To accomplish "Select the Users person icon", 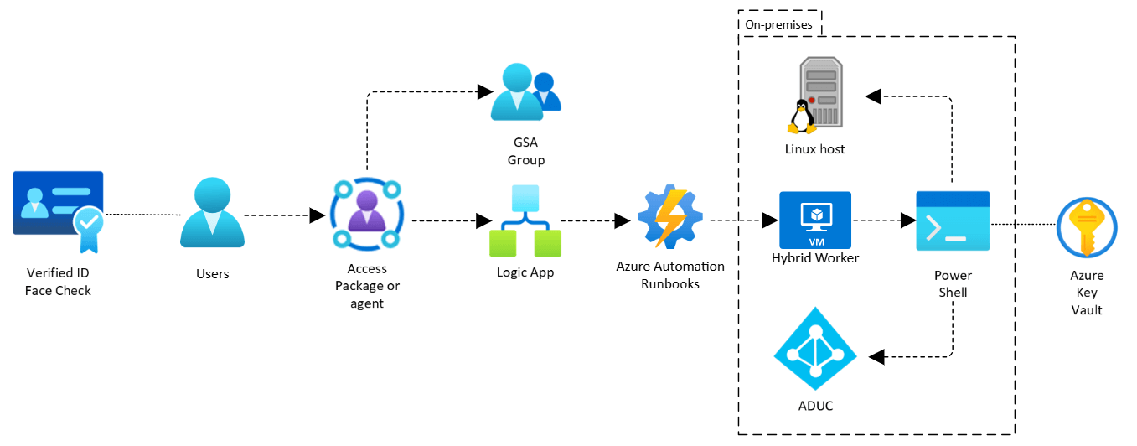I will pyautogui.click(x=212, y=213).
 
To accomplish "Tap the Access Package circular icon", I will pyautogui.click(x=366, y=215).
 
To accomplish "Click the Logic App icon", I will pyautogui.click(x=525, y=221).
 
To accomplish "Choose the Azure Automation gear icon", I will pyautogui.click(x=669, y=216).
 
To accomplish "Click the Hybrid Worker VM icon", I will pyautogui.click(x=814, y=220).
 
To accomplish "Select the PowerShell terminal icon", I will pyautogui.click(x=953, y=220).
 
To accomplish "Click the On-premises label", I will pyautogui.click(x=778, y=24).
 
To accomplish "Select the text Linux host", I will pyautogui.click(x=814, y=149).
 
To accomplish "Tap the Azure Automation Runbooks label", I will pyautogui.click(x=670, y=275).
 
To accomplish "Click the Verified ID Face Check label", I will pyautogui.click(x=58, y=282).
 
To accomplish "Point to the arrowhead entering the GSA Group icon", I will pyautogui.click(x=483, y=91).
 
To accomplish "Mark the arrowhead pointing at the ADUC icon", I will pyautogui.click(x=876, y=357).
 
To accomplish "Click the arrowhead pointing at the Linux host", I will pyautogui.click(x=873, y=96).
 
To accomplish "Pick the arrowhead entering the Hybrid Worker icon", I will pyautogui.click(x=770, y=221).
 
